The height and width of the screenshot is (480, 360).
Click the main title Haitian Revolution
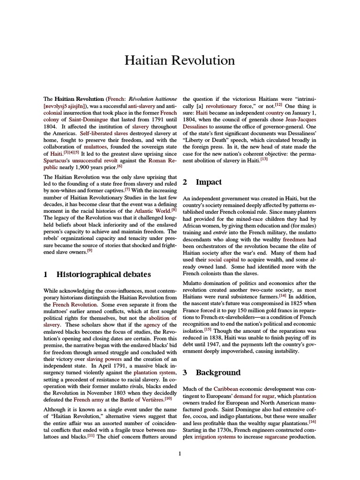point(180,60)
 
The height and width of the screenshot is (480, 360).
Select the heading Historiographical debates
point(103,274)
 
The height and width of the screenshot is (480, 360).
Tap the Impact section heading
point(209,182)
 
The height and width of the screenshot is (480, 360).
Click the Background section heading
point(218,373)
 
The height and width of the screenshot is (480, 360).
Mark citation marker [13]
point(264,159)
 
